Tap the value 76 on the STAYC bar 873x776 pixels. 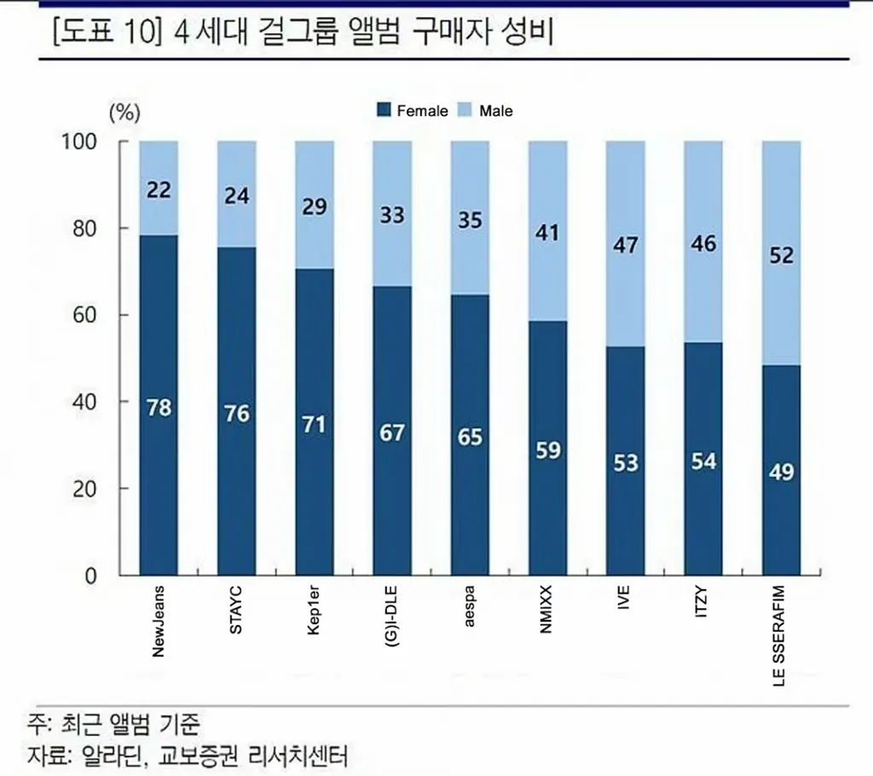(236, 414)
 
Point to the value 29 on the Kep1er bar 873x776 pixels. (314, 207)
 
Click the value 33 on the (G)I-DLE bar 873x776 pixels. (391, 215)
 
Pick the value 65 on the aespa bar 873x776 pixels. (469, 437)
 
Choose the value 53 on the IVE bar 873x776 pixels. (625, 463)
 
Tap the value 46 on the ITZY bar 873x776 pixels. (703, 244)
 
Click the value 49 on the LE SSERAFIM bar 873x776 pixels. (781, 472)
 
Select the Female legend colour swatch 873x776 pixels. (384, 111)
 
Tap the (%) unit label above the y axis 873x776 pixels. (124, 111)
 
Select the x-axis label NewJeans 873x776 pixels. (159, 621)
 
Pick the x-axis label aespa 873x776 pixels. (470, 607)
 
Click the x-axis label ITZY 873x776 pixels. (702, 604)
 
